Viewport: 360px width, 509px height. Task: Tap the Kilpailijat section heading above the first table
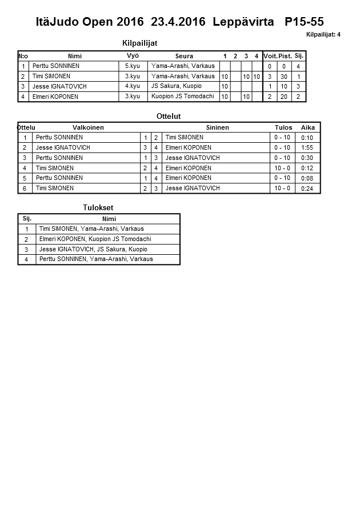[x=140, y=43]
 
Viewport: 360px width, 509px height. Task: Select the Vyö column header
[x=133, y=56]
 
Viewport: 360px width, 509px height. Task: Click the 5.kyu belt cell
[x=133, y=66]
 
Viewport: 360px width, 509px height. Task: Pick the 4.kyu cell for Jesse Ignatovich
[x=133, y=86]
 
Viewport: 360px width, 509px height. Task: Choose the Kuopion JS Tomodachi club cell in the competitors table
[x=183, y=97]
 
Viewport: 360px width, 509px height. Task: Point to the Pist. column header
[x=285, y=56]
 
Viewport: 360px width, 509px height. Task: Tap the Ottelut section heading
[x=169, y=116]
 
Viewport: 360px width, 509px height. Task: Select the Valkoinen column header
[x=88, y=127]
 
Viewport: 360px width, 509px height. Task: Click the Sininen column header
[x=217, y=127]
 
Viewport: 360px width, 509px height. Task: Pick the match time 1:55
[x=307, y=148]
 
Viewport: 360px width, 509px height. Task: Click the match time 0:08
[x=307, y=178]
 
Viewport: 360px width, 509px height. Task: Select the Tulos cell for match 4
[x=282, y=168]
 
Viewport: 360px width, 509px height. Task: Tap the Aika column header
[x=308, y=127]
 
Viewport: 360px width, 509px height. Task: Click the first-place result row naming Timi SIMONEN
[x=91, y=229]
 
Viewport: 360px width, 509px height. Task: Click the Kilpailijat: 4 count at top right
[x=323, y=35]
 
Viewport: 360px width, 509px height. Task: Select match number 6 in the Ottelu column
[x=25, y=189]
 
